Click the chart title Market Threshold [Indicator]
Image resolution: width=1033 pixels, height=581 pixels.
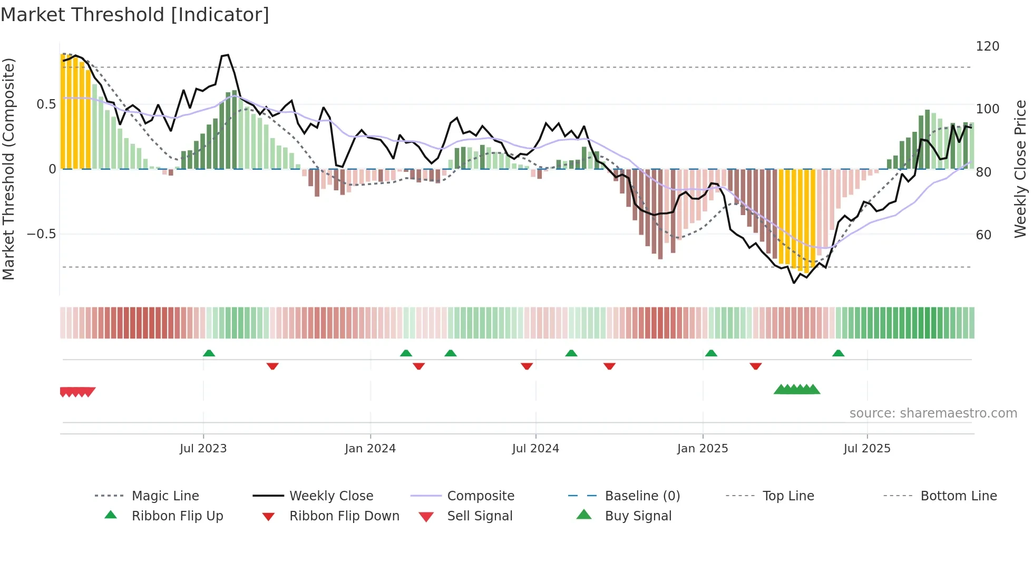(135, 15)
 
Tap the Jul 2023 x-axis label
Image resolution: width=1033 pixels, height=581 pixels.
(203, 449)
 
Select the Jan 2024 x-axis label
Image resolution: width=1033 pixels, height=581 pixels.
(370, 449)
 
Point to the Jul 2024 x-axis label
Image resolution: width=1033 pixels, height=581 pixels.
(535, 449)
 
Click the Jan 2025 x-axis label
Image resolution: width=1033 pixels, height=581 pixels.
(703, 449)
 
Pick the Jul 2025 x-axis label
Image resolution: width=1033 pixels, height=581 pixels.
(867, 449)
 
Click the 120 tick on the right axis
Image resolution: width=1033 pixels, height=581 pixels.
(987, 46)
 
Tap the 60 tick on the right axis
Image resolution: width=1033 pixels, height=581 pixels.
(983, 235)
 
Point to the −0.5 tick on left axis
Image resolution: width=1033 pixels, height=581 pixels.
(41, 234)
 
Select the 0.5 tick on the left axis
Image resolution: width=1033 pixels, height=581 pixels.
(46, 104)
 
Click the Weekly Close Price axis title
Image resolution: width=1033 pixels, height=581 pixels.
(1020, 169)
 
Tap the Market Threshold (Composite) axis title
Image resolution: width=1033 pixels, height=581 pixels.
(8, 169)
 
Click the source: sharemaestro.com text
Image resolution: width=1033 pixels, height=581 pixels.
(933, 413)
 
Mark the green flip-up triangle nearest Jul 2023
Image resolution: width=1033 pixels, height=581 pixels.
(209, 353)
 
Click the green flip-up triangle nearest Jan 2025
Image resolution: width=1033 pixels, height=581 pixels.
(711, 353)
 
